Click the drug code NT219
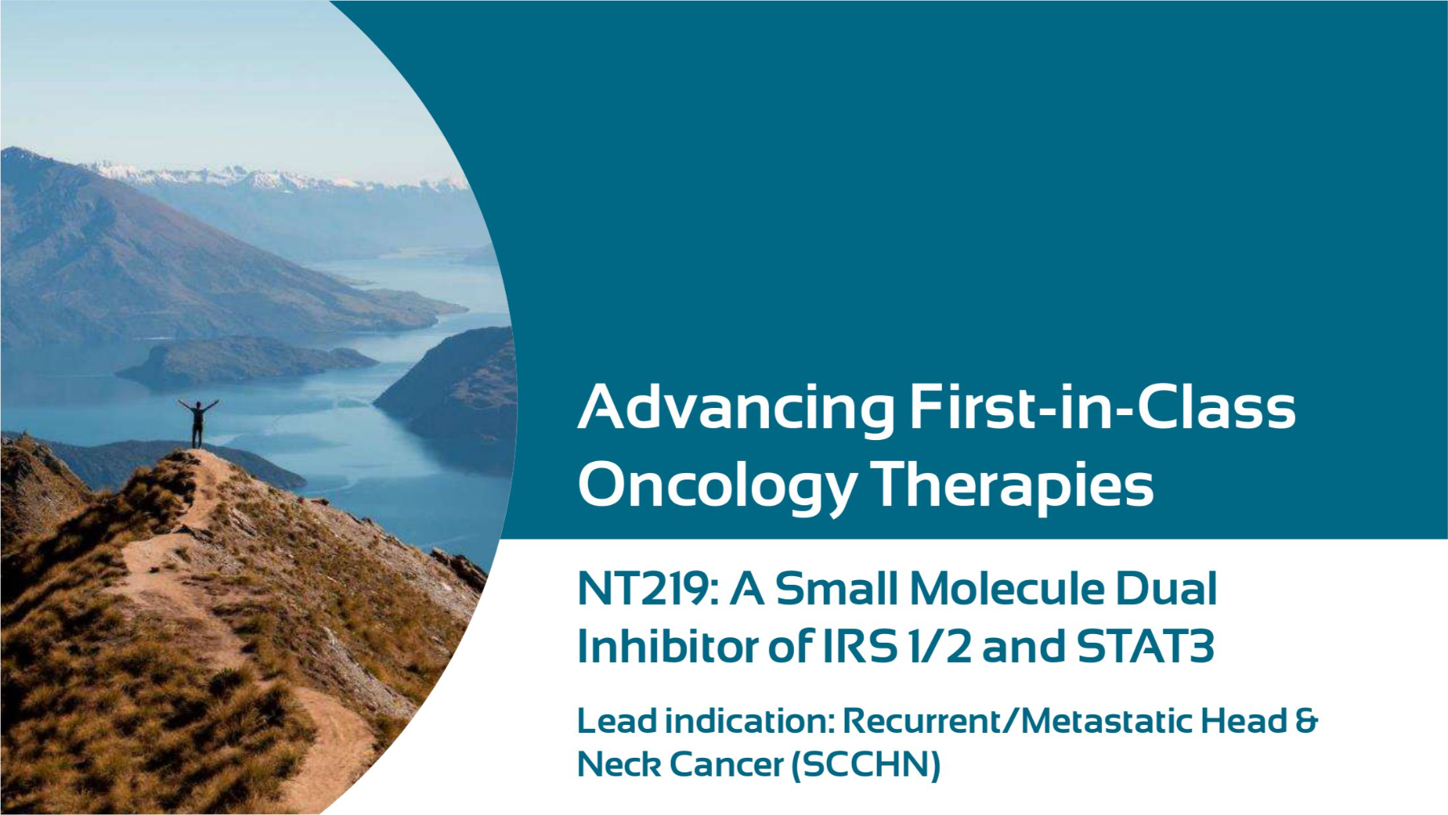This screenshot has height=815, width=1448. coord(646,589)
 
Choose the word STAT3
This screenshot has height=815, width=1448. coord(1146,646)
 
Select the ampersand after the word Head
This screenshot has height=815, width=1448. coord(1306,721)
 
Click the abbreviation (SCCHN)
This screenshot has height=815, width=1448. coord(866,764)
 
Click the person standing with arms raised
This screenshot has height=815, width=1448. coord(197,423)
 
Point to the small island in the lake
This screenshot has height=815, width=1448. coord(245,360)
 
